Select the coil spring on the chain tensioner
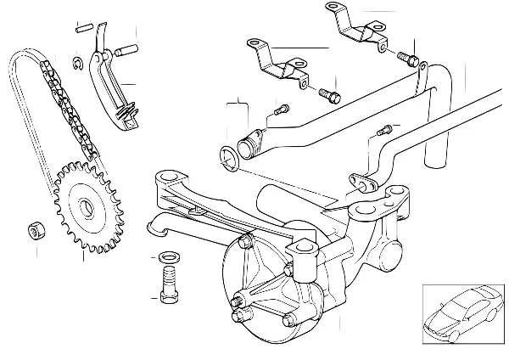tap(127, 109)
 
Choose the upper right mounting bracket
tap(354, 27)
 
